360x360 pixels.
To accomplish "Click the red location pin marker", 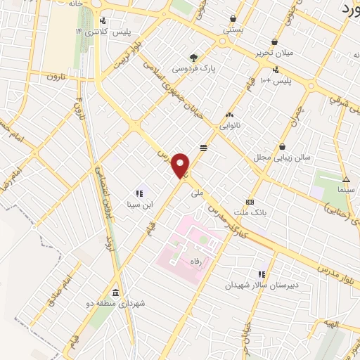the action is click(181, 165).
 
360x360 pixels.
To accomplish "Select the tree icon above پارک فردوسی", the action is click(194, 58).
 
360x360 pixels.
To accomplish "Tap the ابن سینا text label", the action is click(139, 205).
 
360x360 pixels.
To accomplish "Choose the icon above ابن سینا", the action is click(139, 193).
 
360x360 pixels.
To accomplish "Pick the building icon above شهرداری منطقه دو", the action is click(115, 292).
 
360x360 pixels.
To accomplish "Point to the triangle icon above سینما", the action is click(346, 179).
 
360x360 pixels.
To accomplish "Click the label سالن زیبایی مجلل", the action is click(282, 158).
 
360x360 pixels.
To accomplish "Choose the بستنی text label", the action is click(233, 31).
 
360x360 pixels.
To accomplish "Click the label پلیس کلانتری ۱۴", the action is click(97, 32).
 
